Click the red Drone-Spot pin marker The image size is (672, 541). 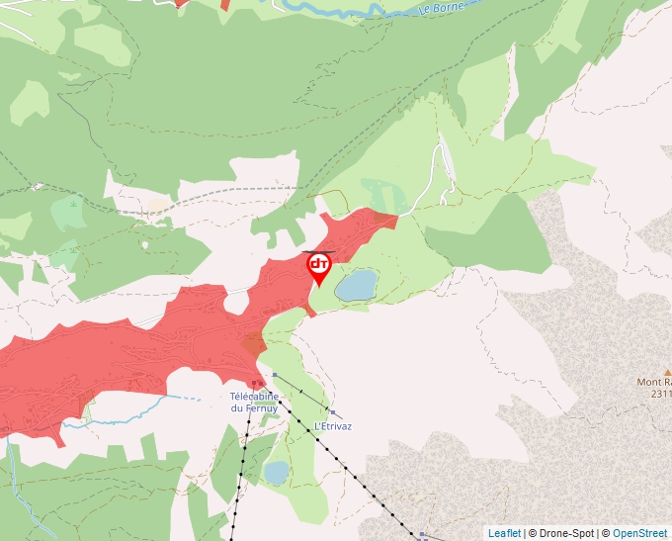pyautogui.click(x=318, y=267)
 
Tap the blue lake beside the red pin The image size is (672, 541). pyautogui.click(x=356, y=286)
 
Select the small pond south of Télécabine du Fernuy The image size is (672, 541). pyautogui.click(x=276, y=471)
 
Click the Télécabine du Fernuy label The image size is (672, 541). pyautogui.click(x=253, y=402)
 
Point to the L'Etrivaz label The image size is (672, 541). pyautogui.click(x=333, y=426)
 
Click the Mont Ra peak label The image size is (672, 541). pyautogui.click(x=653, y=382)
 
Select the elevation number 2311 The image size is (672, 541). pyautogui.click(x=660, y=394)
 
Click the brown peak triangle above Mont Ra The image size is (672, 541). pyautogui.click(x=667, y=372)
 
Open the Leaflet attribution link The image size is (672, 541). pyautogui.click(x=504, y=533)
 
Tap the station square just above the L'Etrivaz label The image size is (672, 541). pyautogui.click(x=333, y=412)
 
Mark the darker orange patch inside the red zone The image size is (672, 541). pyautogui.click(x=254, y=343)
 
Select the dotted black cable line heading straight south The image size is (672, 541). pyautogui.click(x=240, y=475)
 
